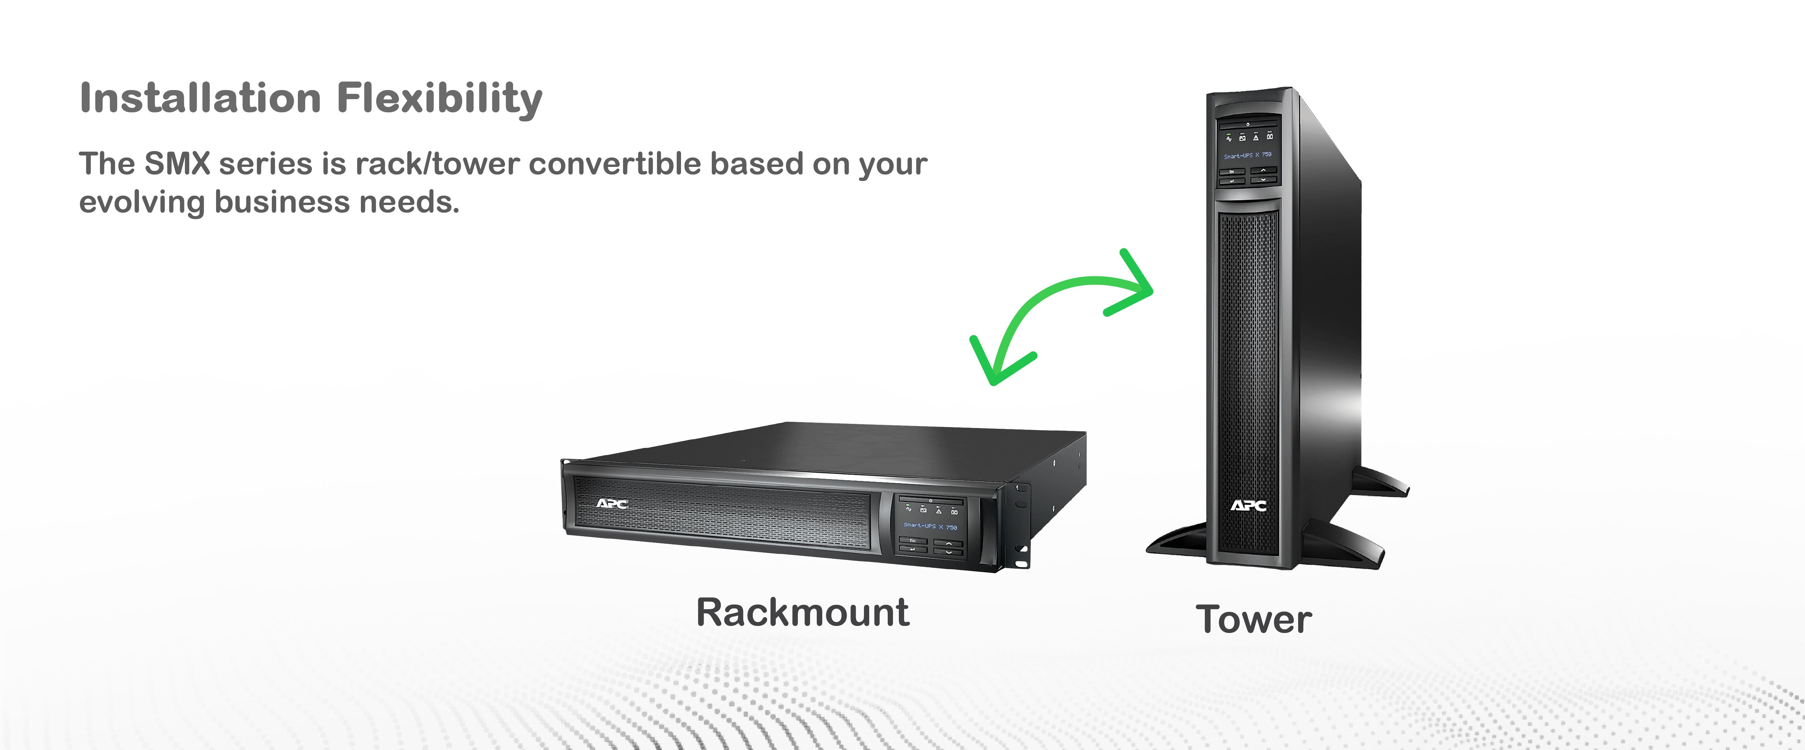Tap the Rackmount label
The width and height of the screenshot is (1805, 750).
tap(802, 613)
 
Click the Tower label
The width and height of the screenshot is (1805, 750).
tap(1254, 620)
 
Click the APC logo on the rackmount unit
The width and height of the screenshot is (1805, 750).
tap(612, 503)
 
